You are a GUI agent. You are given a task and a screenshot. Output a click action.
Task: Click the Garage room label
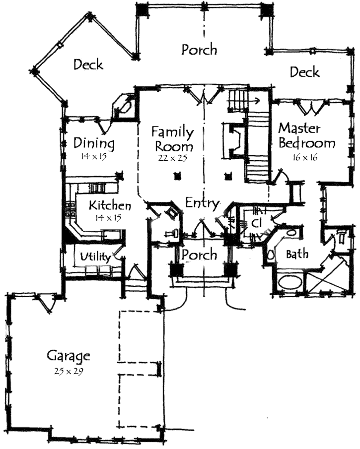pos(68,356)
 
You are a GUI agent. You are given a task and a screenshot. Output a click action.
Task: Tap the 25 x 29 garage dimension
pos(69,372)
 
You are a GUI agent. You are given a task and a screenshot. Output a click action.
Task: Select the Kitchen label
pos(110,205)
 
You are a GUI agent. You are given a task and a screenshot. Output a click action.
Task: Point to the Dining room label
pos(94,143)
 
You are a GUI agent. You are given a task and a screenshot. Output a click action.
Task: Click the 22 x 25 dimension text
pos(172,158)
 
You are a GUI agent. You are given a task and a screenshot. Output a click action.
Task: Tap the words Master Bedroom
pos(307,136)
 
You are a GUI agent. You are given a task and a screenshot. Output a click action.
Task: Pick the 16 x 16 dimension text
pos(305,157)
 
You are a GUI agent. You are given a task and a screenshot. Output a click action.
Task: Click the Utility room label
pos(95,257)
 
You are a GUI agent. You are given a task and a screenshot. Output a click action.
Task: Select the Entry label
pos(203,203)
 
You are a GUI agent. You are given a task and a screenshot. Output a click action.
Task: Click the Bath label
pos(297,254)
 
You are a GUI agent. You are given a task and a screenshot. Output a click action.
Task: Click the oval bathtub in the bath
pos(290,283)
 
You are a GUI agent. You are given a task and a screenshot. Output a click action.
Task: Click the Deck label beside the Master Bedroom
pos(304,72)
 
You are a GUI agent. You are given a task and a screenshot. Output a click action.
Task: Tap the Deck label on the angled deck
pos(88,64)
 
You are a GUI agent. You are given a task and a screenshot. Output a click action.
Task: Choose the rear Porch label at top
pos(199,50)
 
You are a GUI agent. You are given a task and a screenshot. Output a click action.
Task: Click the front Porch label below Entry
pos(199,255)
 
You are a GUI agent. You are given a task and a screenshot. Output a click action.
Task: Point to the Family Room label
pos(172,139)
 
